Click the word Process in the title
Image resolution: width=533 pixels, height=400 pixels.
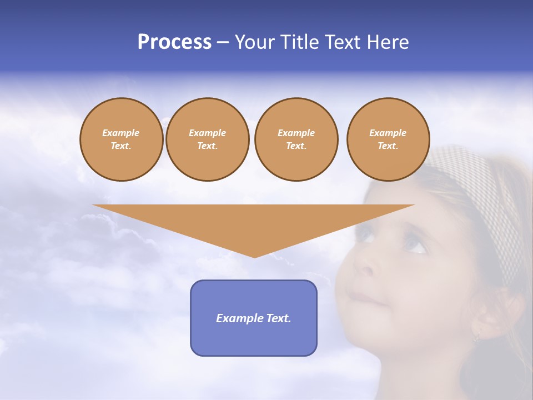pyautogui.click(x=174, y=42)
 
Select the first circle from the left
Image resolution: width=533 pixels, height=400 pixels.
pyautogui.click(x=121, y=139)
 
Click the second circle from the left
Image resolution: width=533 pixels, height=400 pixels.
pyautogui.click(x=207, y=139)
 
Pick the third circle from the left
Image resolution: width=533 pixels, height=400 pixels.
pyautogui.click(x=296, y=139)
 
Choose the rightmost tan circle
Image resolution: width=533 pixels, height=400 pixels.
pyautogui.click(x=388, y=139)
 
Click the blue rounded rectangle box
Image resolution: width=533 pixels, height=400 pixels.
pyautogui.click(x=253, y=318)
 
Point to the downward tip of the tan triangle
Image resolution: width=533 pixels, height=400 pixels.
pyautogui.click(x=254, y=256)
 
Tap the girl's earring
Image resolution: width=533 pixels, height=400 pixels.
pyautogui.click(x=476, y=337)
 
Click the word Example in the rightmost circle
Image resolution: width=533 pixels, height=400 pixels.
pyautogui.click(x=388, y=133)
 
